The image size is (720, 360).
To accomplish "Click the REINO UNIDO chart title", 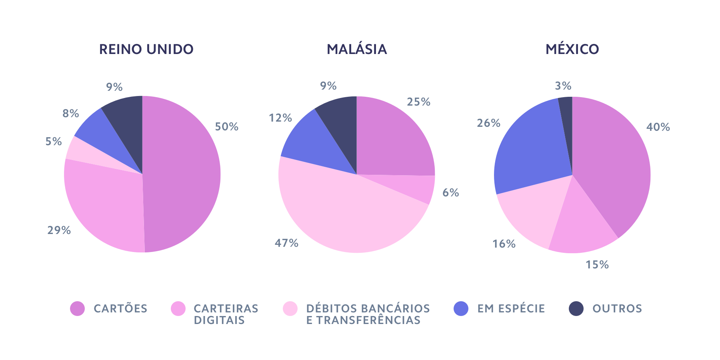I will pos(146,49).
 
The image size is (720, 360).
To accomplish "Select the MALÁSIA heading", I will pos(357,49).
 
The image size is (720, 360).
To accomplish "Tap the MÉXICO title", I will pos(572,49).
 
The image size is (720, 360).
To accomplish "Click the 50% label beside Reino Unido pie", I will pos(227,127).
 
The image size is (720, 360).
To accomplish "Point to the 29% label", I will pos(59,230).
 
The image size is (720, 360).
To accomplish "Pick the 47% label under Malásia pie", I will pos(286,243).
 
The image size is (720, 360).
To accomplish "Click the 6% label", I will pos(450,192).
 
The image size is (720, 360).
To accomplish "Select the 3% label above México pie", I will pos(563,86).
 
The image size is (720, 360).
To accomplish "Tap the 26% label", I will pos(488,123).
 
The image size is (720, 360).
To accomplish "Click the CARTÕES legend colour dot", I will pos(78,308).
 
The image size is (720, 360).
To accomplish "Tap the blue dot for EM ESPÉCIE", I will pos(461,308).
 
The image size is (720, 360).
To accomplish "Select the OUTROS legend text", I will pos(617,308).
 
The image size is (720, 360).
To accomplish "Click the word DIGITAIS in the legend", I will pos(219,320).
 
